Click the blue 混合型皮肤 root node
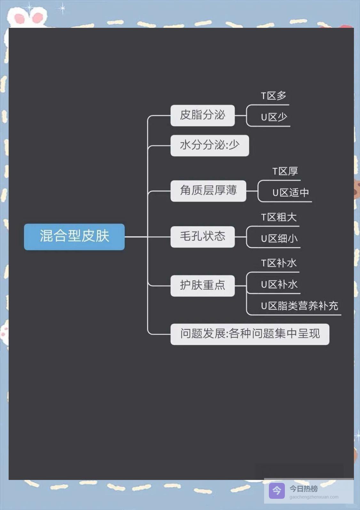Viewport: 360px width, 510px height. tap(74, 237)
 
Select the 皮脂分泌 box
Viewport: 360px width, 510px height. tap(202, 115)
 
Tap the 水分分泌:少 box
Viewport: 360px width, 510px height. tap(209, 145)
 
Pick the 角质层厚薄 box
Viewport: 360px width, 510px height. tap(208, 191)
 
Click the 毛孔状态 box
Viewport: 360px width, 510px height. tap(202, 237)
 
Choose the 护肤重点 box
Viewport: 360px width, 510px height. tap(202, 285)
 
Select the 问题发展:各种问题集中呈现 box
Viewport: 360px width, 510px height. tap(250, 334)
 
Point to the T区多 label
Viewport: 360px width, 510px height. tap(273, 96)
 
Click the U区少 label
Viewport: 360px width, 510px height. tap(274, 117)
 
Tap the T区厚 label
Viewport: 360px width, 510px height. tap(285, 171)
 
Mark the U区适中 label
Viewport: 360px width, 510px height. tap(290, 192)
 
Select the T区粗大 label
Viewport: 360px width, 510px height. tap(279, 217)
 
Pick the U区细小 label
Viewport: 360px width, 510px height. tap(279, 239)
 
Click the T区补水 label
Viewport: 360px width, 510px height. tap(279, 263)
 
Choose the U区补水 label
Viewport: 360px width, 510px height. tap(279, 284)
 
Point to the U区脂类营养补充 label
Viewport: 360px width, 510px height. tap(299, 306)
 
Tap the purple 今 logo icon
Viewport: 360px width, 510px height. tap(277, 490)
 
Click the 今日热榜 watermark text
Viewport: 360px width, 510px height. tap(303, 489)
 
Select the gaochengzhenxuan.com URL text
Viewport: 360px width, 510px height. tap(314, 497)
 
